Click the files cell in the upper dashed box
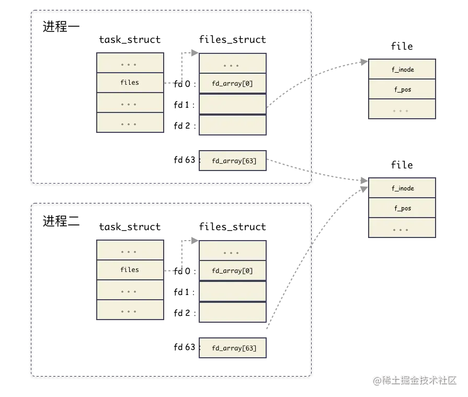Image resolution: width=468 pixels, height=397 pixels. [x=130, y=83]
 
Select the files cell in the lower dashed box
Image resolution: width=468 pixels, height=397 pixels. [x=130, y=270]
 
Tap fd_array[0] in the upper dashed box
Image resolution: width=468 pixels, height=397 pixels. [x=232, y=84]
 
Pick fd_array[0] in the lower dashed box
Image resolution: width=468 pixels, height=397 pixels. [x=232, y=271]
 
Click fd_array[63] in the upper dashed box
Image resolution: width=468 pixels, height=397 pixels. [x=234, y=161]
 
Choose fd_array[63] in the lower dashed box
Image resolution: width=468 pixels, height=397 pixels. [x=234, y=348]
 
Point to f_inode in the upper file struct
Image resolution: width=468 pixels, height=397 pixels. [x=402, y=70]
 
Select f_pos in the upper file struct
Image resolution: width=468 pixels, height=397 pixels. [x=402, y=89]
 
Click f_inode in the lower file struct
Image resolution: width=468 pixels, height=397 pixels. [x=402, y=188]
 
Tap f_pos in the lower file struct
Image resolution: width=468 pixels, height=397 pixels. [x=402, y=208]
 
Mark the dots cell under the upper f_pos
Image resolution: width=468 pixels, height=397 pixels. [x=402, y=110]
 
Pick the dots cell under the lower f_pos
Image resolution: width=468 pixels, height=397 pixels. [x=402, y=229]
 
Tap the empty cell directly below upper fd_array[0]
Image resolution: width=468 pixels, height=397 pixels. [x=232, y=104]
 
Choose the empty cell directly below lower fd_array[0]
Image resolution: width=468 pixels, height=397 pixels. [x=232, y=291]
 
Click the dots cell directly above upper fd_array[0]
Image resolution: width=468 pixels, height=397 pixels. [x=232, y=65]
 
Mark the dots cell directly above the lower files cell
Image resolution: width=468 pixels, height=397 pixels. [x=130, y=251]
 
